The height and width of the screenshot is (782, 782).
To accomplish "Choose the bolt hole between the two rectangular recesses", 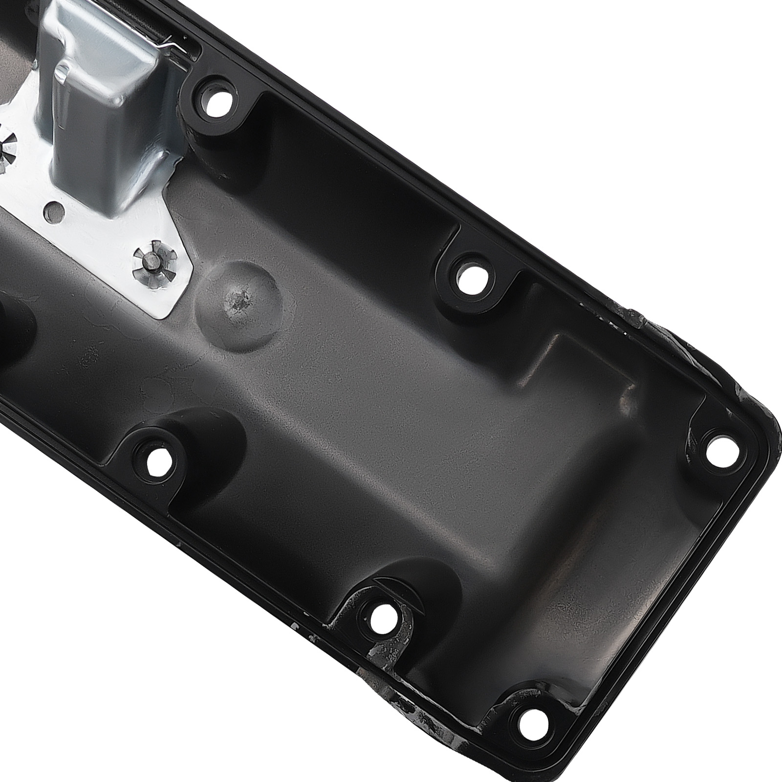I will (x=472, y=279).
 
